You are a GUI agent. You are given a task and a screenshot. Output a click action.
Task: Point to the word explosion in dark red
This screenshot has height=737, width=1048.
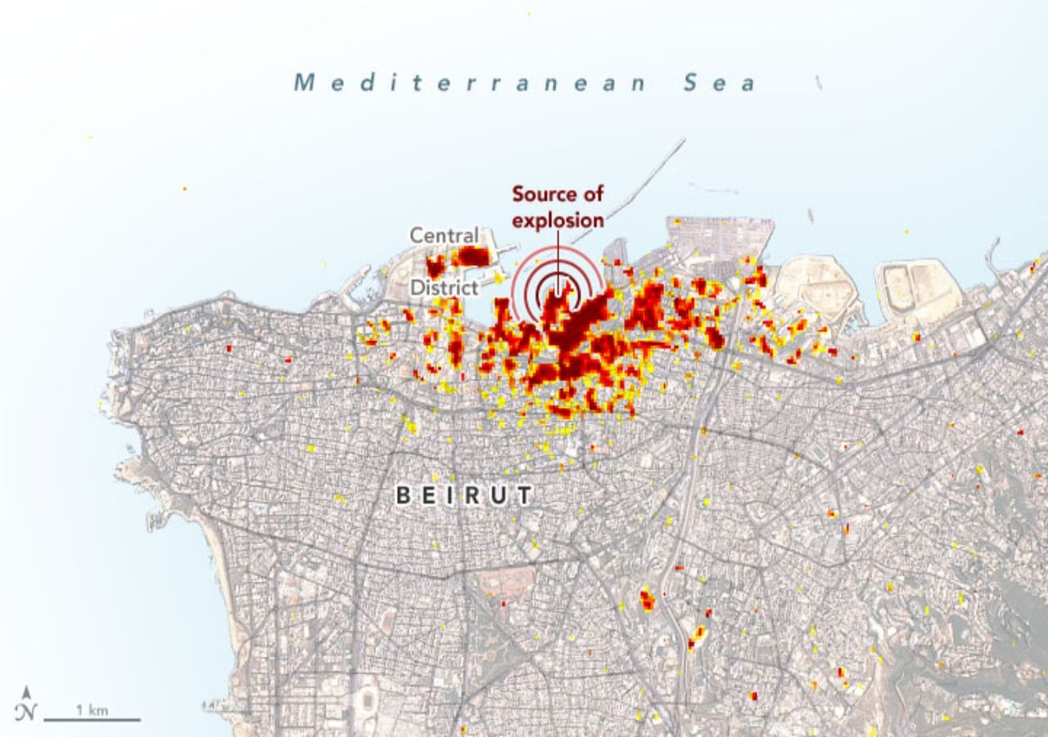tap(558, 220)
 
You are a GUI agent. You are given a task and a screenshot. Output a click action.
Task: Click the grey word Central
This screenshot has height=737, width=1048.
tap(444, 236)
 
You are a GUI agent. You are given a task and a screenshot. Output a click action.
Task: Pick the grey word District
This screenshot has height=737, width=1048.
tap(444, 287)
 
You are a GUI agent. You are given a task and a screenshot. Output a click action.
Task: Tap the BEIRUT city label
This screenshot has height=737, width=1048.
tap(464, 495)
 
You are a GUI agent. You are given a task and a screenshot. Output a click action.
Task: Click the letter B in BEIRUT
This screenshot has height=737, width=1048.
tap(403, 495)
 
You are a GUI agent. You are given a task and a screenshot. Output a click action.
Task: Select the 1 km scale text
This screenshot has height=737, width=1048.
tap(92, 709)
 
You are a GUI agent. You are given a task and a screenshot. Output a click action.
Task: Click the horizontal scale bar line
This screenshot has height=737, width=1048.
tap(92, 720)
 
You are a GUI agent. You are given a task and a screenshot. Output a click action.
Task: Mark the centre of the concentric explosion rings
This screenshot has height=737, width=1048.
tap(558, 292)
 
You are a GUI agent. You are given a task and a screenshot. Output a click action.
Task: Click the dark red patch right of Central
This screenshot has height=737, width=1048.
tap(472, 256)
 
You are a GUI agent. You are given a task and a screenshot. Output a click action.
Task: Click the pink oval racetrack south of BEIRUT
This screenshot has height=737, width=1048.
tap(501, 582)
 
